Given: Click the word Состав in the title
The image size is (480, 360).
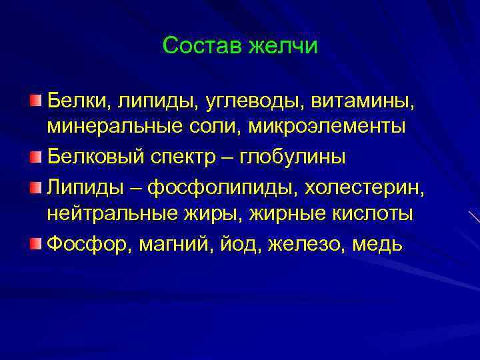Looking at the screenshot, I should click(x=203, y=46).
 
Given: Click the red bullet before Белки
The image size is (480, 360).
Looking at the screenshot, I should click(x=35, y=101).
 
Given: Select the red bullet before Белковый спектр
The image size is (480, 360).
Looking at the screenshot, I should click(x=35, y=157).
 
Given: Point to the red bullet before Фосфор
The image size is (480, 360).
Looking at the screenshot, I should click(x=35, y=241).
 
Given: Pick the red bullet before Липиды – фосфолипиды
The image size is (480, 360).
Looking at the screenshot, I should click(x=35, y=185).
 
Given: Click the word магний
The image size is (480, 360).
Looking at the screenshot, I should click(x=174, y=243).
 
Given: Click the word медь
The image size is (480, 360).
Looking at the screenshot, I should click(x=377, y=243).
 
